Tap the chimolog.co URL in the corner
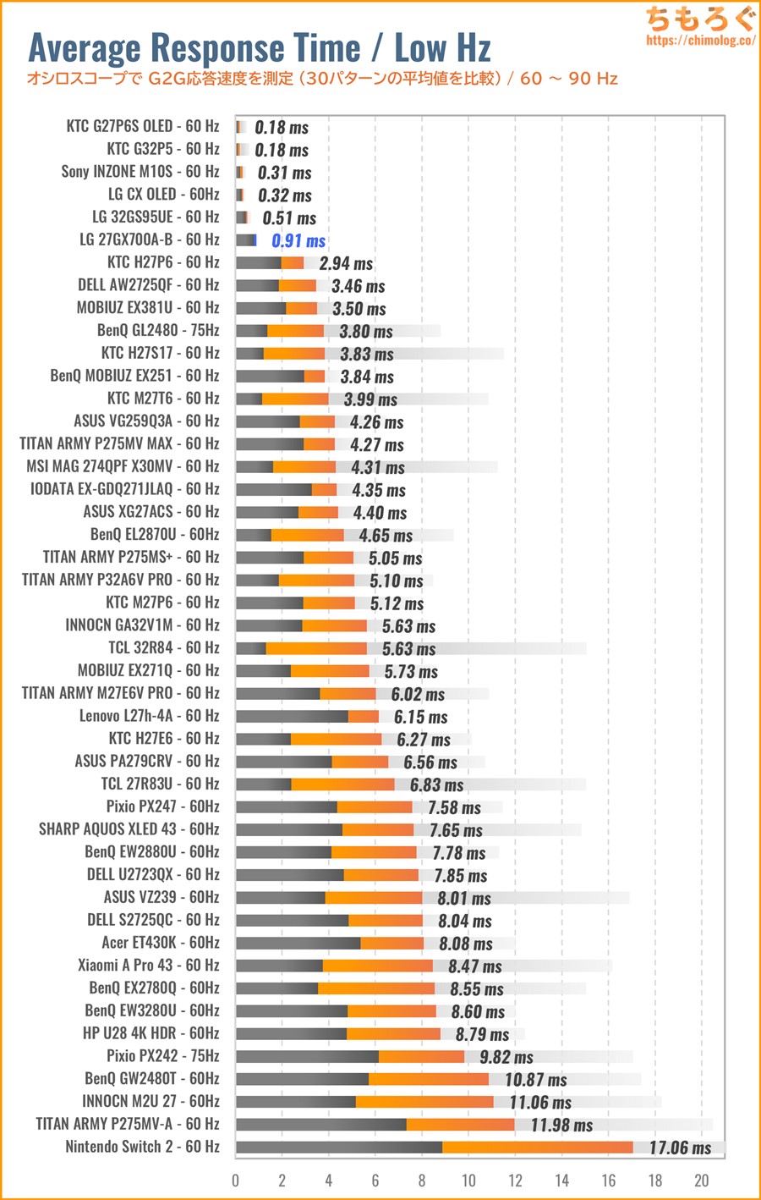700,40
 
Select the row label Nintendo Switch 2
142,1147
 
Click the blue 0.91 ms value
298,241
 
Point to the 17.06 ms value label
680,1148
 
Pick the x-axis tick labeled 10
468,1181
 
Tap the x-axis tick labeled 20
701,1181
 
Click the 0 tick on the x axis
236,1181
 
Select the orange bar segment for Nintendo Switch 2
537,1147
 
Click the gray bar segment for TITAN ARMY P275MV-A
321,1124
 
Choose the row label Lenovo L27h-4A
149,716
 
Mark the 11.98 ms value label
561,1125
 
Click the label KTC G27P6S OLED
142,127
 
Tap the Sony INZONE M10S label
140,172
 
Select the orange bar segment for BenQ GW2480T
429,1079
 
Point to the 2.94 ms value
346,263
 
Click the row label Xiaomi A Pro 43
148,966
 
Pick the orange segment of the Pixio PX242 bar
421,1056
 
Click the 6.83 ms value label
436,785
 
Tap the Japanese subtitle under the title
322,79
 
